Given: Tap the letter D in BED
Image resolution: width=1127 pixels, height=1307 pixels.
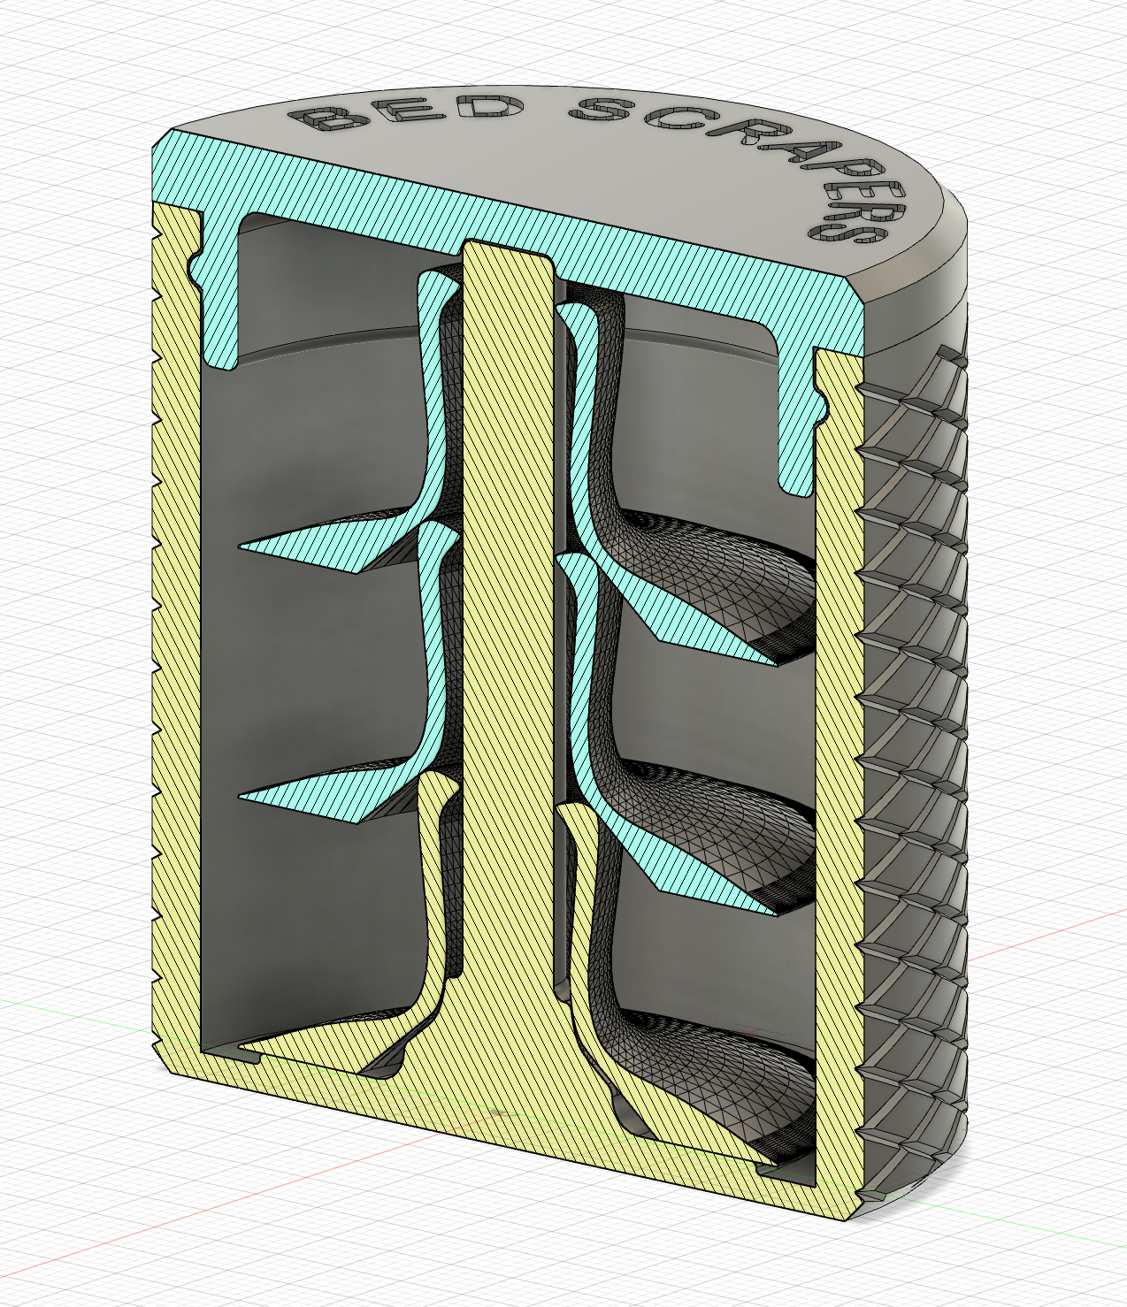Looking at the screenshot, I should pos(486,108).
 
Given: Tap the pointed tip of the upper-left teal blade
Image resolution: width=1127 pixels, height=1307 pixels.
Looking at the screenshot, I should pos(244,547).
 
